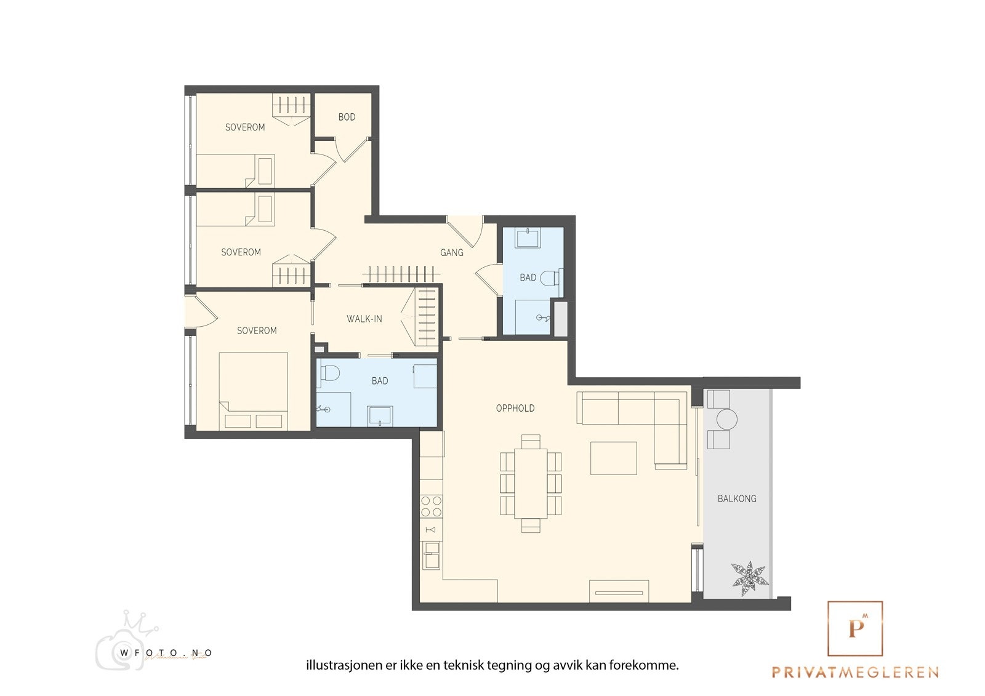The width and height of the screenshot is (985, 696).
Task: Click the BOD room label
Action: (x=347, y=117)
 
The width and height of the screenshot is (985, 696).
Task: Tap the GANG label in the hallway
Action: (x=452, y=252)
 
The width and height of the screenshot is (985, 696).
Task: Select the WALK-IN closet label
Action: (x=364, y=319)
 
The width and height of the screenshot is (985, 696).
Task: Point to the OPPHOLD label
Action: (x=515, y=408)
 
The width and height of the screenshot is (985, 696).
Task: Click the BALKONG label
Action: (x=737, y=498)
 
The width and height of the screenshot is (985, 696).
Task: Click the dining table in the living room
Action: (x=531, y=483)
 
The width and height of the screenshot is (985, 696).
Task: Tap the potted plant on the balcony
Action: (x=750, y=578)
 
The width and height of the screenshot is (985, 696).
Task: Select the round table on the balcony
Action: (x=727, y=420)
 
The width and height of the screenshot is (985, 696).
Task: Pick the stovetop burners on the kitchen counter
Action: (x=431, y=506)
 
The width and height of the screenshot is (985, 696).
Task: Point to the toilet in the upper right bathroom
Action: (x=550, y=278)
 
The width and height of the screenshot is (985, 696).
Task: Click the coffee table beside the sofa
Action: (x=613, y=458)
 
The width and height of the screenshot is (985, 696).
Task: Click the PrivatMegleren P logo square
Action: (x=855, y=628)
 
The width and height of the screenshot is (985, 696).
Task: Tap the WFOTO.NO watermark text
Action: (x=166, y=653)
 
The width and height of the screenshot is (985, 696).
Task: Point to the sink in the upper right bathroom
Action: (x=528, y=239)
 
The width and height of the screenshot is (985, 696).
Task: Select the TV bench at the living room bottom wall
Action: (x=619, y=591)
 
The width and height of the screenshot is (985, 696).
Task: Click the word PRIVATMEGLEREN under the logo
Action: (x=855, y=673)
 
